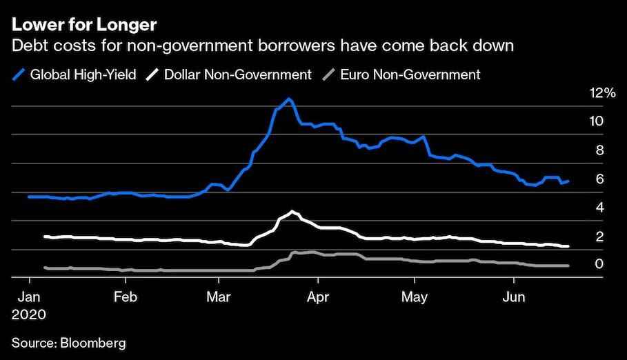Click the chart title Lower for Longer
[x=83, y=26]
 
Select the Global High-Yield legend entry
[x=77, y=74]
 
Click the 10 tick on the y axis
[x=597, y=121]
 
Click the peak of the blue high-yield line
[x=289, y=99]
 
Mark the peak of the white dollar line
[x=292, y=211]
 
